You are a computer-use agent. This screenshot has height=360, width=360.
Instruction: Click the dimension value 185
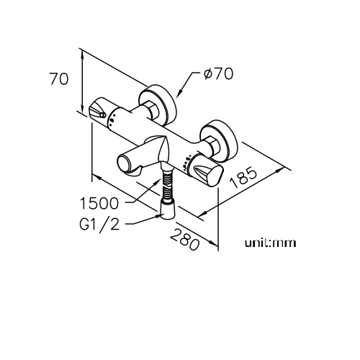point(243,177)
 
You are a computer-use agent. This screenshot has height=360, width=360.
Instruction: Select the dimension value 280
point(185,239)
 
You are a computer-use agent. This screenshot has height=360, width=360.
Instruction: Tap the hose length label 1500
point(99,204)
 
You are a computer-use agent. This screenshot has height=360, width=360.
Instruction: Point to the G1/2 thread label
point(99,225)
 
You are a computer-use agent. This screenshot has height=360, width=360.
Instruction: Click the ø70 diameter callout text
point(218,73)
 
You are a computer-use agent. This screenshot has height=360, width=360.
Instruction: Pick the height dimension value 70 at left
point(59,78)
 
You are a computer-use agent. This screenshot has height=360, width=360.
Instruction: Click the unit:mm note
point(270,243)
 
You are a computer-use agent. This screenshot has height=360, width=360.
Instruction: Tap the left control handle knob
point(98,110)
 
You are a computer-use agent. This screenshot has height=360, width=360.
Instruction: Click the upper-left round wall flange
point(157,104)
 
